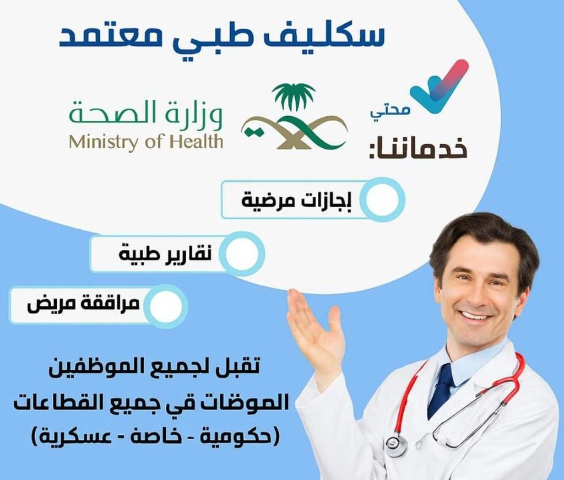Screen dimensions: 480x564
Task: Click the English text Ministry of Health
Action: [x=146, y=142]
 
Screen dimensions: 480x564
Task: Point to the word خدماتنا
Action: [x=418, y=149]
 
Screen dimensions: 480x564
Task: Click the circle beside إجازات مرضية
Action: [x=384, y=199]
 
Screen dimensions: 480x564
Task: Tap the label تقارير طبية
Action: [x=165, y=255]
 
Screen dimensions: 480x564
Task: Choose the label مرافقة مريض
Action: [x=83, y=305]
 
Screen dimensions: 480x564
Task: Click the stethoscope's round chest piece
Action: [x=396, y=445]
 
